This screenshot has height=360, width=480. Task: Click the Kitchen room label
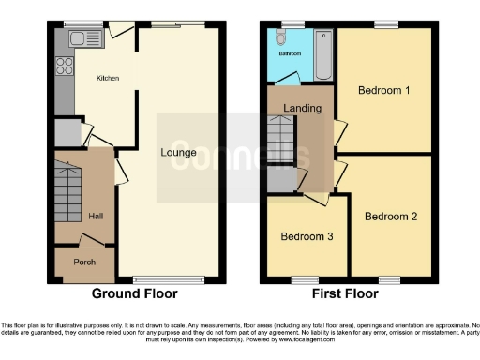pyautogui.click(x=109, y=79)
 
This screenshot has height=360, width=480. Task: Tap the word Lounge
pyautogui.click(x=178, y=152)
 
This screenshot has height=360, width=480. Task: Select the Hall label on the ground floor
pyautogui.click(x=96, y=216)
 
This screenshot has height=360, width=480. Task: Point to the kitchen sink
pyautogui.click(x=74, y=40)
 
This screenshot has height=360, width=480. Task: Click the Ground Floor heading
pyautogui.click(x=134, y=293)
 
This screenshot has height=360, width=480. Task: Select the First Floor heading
pyautogui.click(x=346, y=293)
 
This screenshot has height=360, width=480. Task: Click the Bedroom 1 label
pyautogui.click(x=384, y=91)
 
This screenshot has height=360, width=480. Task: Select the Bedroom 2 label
pyautogui.click(x=391, y=217)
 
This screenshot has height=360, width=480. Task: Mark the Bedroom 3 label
pyautogui.click(x=307, y=236)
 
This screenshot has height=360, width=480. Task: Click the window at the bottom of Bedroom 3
pyautogui.click(x=305, y=279)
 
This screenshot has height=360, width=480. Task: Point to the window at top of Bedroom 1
pyautogui.click(x=384, y=24)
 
